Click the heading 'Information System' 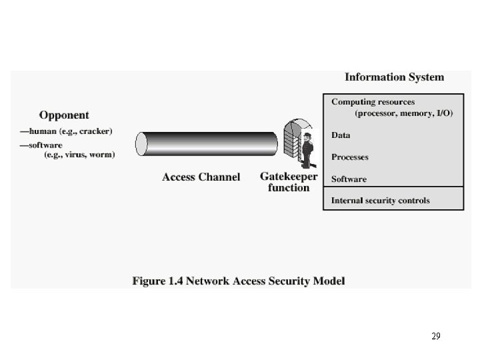click(x=393, y=77)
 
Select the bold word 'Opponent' click(x=64, y=115)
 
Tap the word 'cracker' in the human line click(x=95, y=131)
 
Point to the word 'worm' click(x=101, y=155)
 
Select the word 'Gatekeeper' click(x=289, y=177)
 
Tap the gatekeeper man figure click(x=307, y=150)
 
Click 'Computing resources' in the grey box click(x=373, y=102)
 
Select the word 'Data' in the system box click(x=341, y=135)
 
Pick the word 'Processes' click(x=349, y=157)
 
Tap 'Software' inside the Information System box click(x=349, y=179)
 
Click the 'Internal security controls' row click(x=380, y=200)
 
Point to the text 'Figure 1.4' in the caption click(x=159, y=281)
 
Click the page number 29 click(x=435, y=336)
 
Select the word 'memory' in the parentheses click(x=417, y=113)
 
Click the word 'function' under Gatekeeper click(x=289, y=188)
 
